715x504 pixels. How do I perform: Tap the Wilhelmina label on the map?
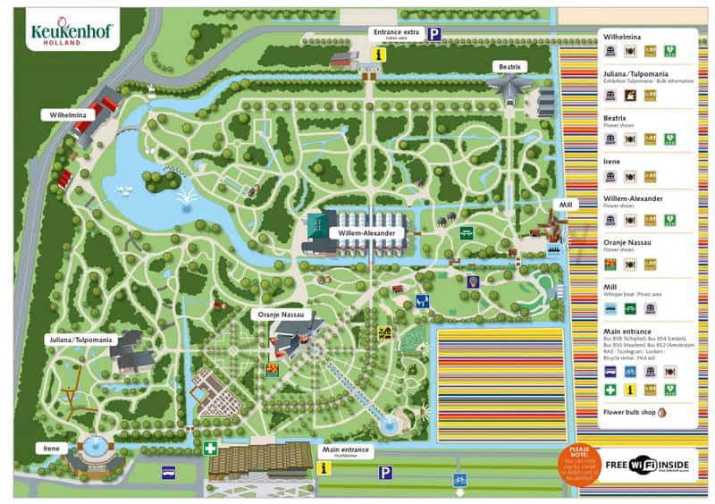tap(67, 114)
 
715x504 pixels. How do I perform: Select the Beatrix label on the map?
tap(506, 67)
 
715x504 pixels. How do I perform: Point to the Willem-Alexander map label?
tap(366, 232)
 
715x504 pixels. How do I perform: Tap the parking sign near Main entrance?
tap(385, 473)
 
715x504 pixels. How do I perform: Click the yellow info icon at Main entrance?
tap(325, 468)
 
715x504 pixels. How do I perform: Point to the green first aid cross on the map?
tap(209, 448)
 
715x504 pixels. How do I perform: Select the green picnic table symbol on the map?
tap(467, 232)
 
